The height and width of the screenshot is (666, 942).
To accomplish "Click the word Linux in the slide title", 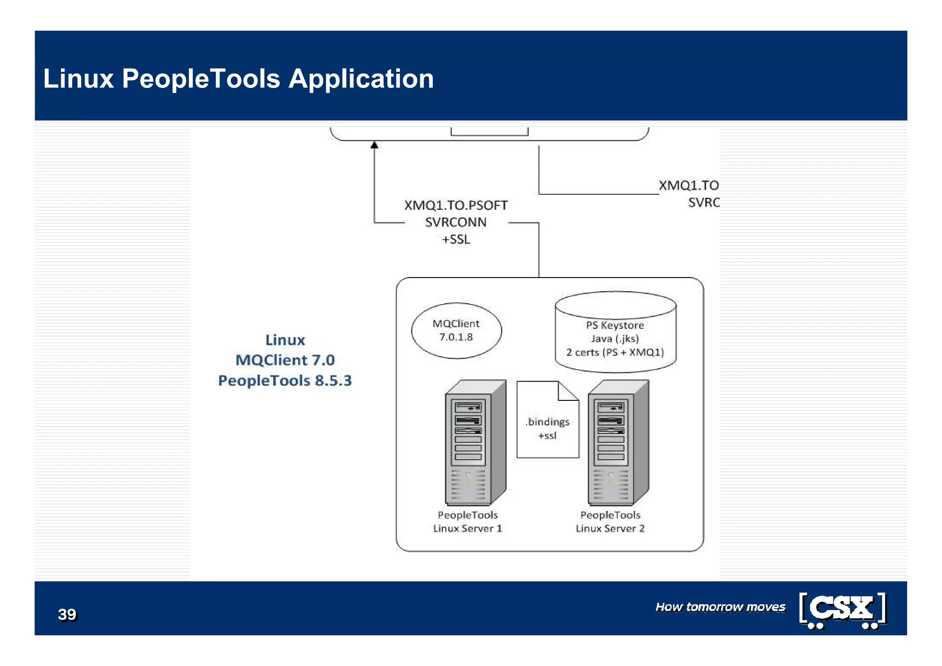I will [x=78, y=79].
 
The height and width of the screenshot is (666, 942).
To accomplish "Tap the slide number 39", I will [x=67, y=614].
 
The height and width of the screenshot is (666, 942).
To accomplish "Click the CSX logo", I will [x=842, y=610].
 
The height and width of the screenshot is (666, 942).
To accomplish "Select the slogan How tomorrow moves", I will [x=720, y=607].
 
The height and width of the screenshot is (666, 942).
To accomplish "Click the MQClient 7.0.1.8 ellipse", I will [x=456, y=330].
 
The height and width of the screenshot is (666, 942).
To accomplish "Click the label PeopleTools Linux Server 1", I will [x=467, y=521].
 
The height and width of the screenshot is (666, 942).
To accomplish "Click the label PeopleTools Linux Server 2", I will [x=610, y=521].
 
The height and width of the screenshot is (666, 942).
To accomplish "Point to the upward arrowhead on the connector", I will [x=374, y=145].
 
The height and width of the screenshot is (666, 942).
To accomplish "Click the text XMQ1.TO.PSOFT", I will [x=455, y=205].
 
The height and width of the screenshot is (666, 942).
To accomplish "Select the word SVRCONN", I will [x=455, y=222].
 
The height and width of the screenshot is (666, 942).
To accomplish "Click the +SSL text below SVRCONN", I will [x=455, y=239].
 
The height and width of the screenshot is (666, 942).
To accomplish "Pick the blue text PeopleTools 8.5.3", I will [x=285, y=381].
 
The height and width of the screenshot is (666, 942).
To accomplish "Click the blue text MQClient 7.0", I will [x=285, y=360].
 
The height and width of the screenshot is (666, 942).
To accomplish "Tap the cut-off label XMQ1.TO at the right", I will [x=689, y=185].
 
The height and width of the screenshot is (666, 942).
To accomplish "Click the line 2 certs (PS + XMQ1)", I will [x=615, y=352].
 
